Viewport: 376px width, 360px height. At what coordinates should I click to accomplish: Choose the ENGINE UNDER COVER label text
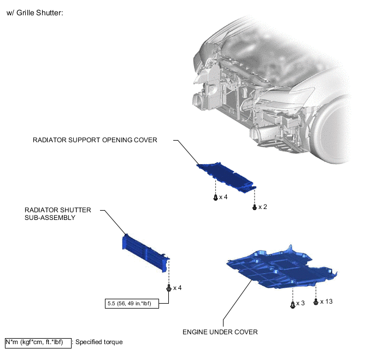pos(220,332)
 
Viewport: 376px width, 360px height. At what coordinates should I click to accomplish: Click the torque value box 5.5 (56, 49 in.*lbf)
pos(132,303)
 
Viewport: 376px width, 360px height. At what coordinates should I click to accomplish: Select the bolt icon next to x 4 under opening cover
pos(215,198)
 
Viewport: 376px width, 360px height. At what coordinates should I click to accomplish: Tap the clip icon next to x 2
pos(255,207)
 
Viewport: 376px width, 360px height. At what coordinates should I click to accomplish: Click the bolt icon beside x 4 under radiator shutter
pos(169,288)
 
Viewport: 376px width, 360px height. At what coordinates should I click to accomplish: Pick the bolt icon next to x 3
pos(292,304)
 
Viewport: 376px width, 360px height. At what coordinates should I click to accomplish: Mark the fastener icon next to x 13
pos(316,301)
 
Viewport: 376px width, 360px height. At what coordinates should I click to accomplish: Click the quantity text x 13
pos(326,301)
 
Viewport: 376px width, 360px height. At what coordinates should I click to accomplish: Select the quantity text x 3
pos(301,304)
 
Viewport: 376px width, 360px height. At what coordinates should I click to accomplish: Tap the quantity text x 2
pos(263,207)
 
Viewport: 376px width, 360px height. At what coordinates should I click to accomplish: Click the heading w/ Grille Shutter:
pos(35,13)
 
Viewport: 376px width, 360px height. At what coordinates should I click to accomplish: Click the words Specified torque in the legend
pos(99,342)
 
